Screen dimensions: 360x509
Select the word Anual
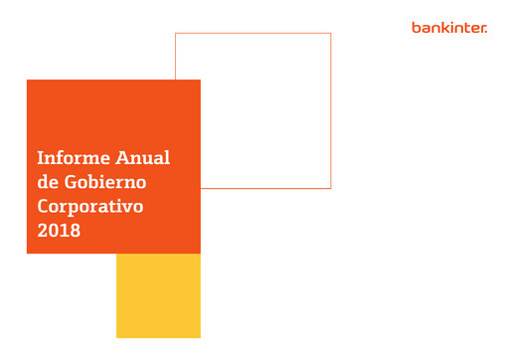tap(145, 158)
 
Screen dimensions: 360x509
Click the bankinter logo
tap(449, 28)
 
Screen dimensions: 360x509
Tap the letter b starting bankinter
tap(416, 28)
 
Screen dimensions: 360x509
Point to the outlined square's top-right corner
tap(330, 34)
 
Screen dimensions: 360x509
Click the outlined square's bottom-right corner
tap(330, 188)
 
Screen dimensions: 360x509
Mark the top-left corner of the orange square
tap(28, 81)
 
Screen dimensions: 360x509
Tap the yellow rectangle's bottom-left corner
tap(117, 337)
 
